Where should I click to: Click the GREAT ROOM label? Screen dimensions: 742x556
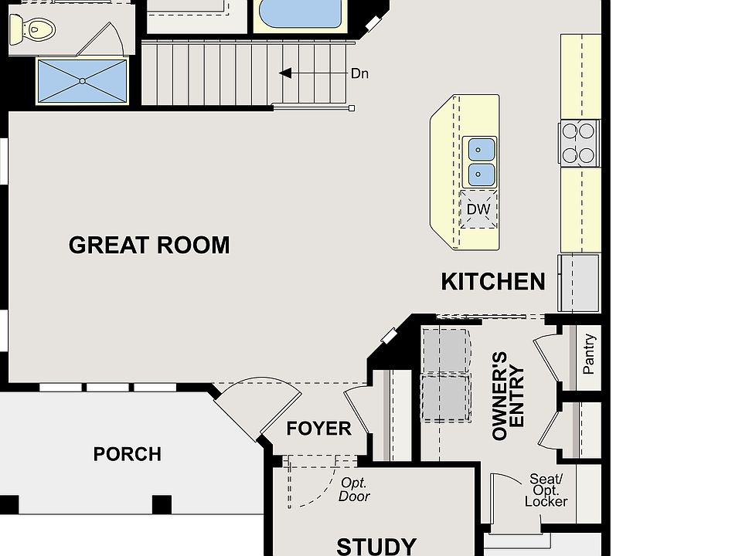click(x=149, y=245)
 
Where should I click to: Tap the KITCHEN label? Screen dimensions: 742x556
click(x=493, y=282)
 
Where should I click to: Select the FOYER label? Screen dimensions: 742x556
click(x=318, y=429)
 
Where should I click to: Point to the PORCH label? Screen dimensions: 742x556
click(x=128, y=454)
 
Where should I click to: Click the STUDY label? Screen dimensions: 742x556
click(x=376, y=546)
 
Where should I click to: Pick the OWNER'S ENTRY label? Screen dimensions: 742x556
click(x=509, y=396)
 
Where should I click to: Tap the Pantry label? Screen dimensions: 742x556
click(x=588, y=354)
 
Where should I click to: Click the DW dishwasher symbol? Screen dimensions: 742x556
click(x=478, y=209)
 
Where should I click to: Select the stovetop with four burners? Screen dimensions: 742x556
click(x=579, y=144)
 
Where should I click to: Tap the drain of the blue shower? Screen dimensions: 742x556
click(x=83, y=81)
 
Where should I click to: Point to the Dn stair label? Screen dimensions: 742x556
click(x=359, y=74)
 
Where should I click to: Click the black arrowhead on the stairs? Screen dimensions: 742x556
click(x=285, y=73)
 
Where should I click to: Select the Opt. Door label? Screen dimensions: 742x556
click(x=355, y=490)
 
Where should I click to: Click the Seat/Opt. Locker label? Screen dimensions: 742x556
click(x=546, y=491)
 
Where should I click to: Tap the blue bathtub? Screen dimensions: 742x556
click(x=301, y=13)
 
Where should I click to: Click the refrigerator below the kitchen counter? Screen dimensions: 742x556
click(x=579, y=283)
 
